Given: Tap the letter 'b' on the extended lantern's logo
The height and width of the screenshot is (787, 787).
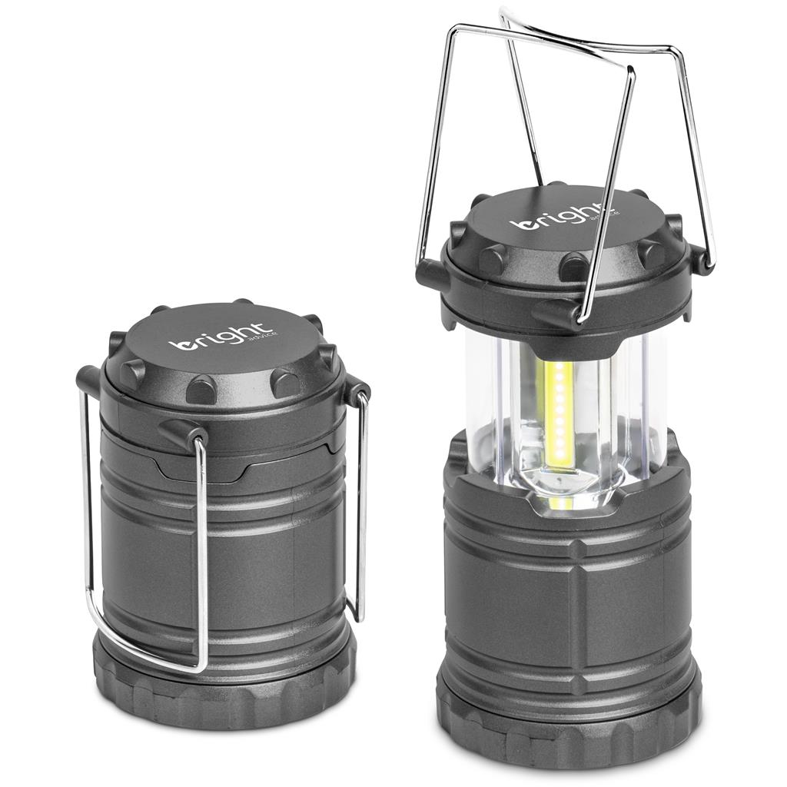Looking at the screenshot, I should click(x=522, y=223).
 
